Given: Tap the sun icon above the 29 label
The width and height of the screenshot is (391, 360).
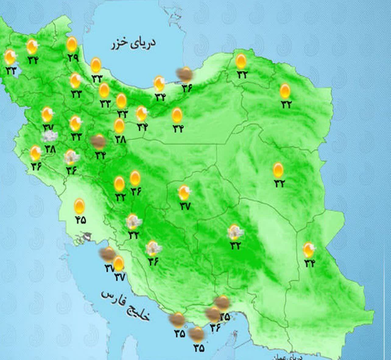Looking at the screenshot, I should [x=72, y=44].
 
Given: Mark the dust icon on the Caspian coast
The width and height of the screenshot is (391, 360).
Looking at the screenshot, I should [x=185, y=74].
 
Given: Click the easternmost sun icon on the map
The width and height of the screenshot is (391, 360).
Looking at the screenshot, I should [x=308, y=249].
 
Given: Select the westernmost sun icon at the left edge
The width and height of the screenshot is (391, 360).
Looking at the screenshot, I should [x=10, y=57].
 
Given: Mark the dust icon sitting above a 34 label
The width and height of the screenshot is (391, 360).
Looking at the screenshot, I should [x=99, y=141].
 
